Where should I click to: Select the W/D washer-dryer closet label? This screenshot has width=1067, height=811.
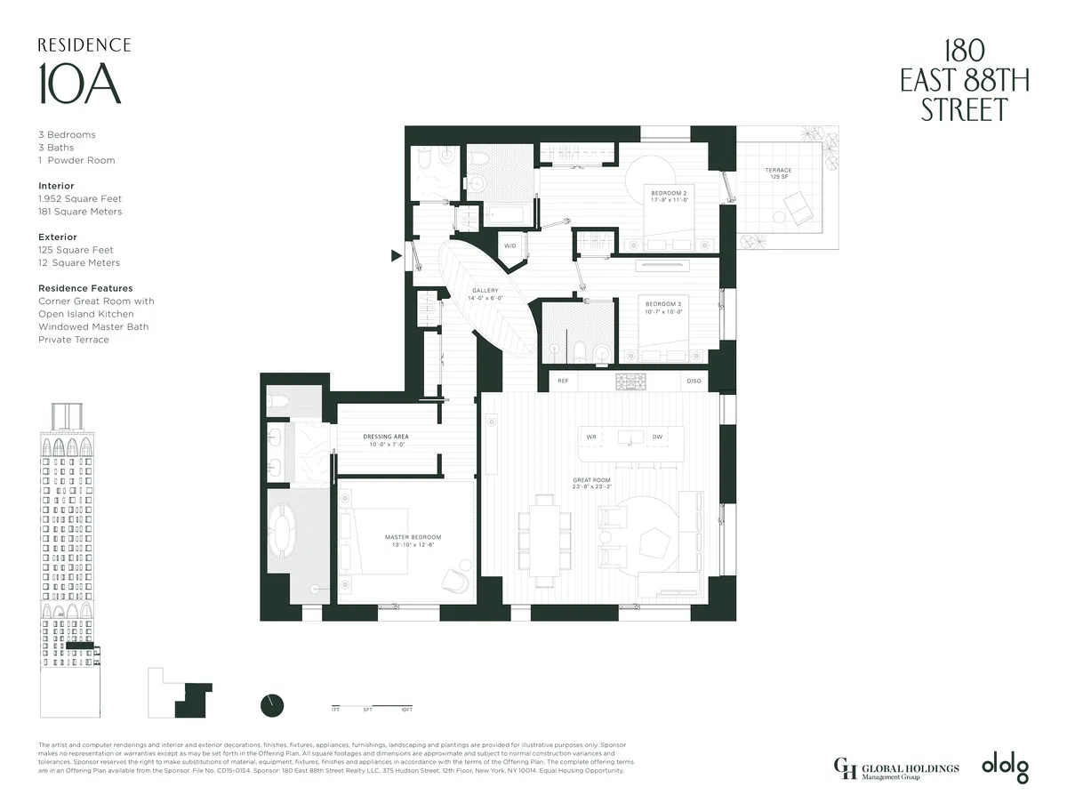point(510,245)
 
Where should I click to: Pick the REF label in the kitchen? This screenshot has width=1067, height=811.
point(563,381)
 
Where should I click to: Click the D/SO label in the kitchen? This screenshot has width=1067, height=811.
point(694,381)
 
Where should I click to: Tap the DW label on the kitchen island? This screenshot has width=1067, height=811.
point(657,437)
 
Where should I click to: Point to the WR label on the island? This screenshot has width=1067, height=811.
point(591,437)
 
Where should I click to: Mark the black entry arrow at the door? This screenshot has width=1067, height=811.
point(397,256)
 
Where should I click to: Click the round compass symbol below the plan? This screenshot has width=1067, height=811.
point(272,704)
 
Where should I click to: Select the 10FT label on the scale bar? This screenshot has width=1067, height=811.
point(405,710)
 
